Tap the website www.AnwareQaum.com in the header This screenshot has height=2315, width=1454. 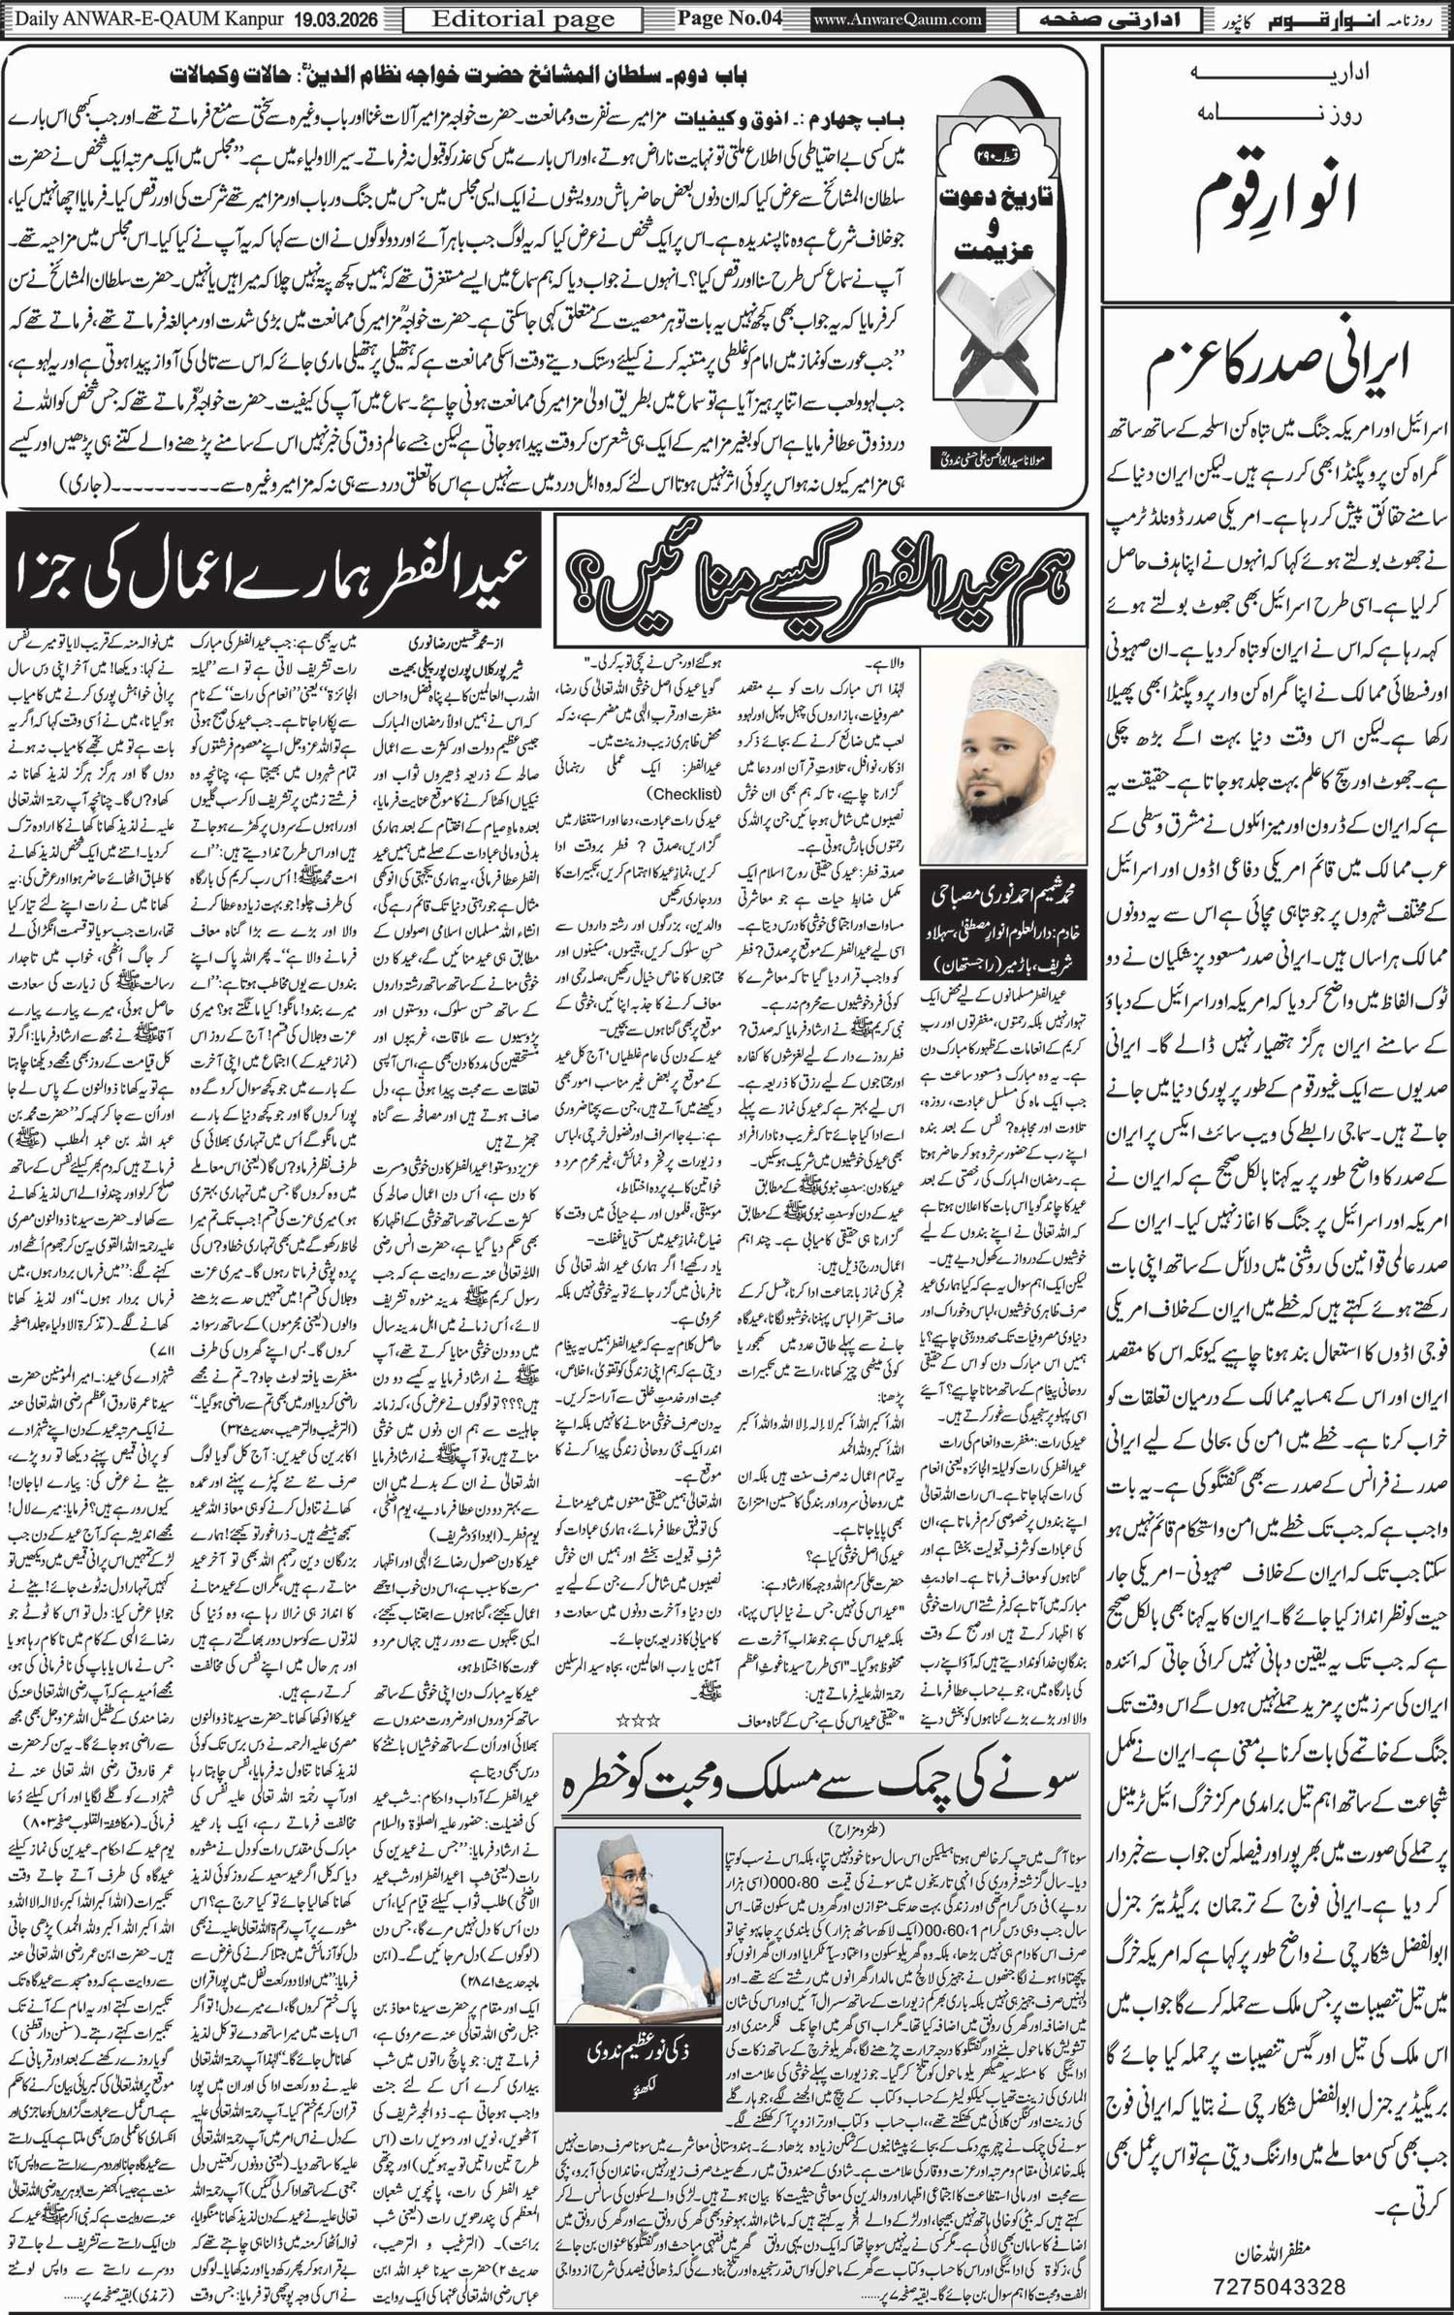coord(898,19)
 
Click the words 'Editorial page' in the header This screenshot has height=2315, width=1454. coord(523,19)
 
